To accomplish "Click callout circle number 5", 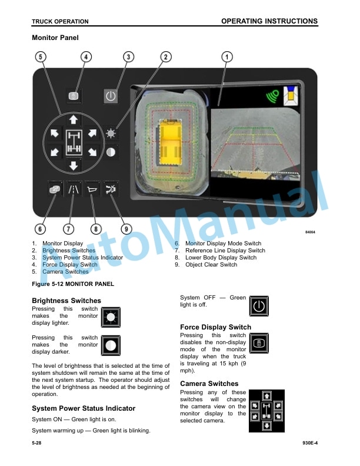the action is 41,56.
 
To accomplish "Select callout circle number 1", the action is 227,56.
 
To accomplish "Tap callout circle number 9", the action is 126,229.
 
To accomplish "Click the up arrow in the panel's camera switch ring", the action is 74,119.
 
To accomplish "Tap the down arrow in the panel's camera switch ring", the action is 74,165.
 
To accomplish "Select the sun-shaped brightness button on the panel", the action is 111,134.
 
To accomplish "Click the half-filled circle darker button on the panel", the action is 111,152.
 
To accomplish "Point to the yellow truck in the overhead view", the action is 170,142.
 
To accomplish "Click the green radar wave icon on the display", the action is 273,96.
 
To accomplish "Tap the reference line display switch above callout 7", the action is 74,189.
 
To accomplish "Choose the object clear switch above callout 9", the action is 111,189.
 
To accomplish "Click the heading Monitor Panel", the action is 55,38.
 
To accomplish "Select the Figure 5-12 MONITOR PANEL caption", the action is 73,284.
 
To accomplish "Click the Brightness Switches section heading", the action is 66,301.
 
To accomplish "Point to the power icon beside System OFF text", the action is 259,306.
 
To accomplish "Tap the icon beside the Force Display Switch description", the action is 259,343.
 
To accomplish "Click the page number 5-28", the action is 36,443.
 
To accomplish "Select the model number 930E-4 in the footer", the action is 310,443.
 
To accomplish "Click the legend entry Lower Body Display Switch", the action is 221,258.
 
